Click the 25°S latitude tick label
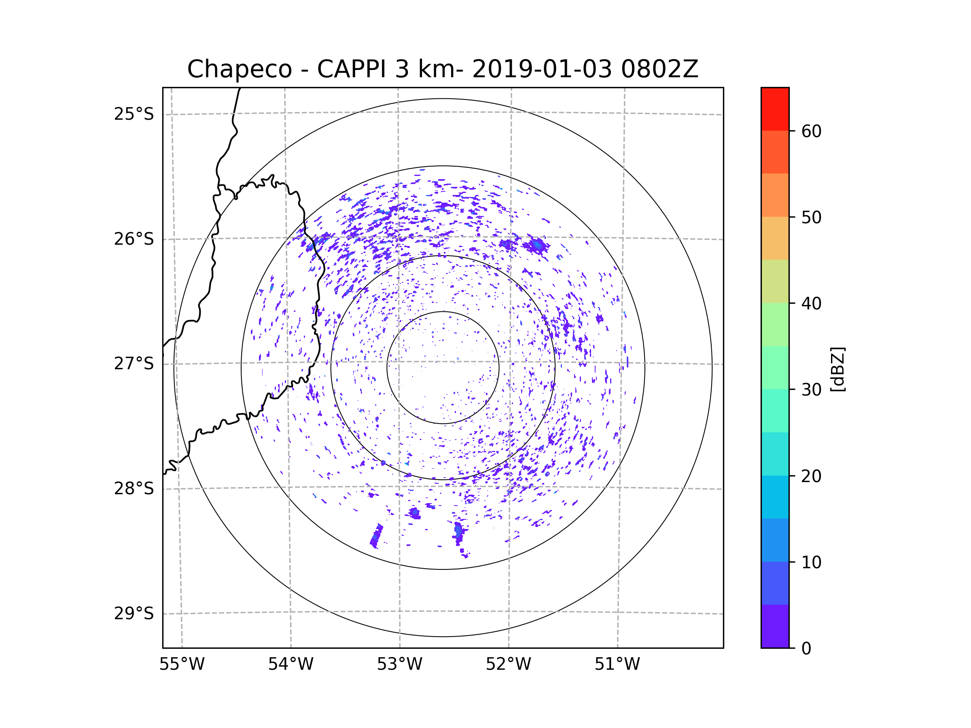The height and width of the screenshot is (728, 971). coord(134,114)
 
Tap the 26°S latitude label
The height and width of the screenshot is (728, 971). coord(134,239)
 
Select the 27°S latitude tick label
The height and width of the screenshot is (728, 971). coord(134,364)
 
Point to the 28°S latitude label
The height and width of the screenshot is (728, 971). coord(134,489)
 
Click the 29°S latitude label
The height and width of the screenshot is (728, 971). coord(134,614)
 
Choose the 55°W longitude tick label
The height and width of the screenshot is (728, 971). coord(182,665)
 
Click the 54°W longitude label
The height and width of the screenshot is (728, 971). coord(290,665)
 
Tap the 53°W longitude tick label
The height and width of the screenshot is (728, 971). coord(399,665)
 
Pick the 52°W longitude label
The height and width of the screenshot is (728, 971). coord(508,665)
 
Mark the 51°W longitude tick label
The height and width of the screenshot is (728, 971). coord(617,665)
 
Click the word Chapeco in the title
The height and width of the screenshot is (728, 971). coord(239,69)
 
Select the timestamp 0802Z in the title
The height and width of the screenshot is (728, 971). coord(659,69)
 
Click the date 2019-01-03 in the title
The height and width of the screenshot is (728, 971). coord(542,69)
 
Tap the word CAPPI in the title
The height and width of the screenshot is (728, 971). coord(351,69)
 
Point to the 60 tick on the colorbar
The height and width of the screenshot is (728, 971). coord(811,131)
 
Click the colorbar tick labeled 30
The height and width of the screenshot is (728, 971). coord(811,389)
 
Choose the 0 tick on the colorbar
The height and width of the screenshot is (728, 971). coord(806,649)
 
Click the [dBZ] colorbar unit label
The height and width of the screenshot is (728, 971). coord(837,369)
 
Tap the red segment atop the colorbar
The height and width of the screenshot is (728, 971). coord(775,109)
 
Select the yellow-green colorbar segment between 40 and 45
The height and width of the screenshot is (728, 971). coord(775,281)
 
